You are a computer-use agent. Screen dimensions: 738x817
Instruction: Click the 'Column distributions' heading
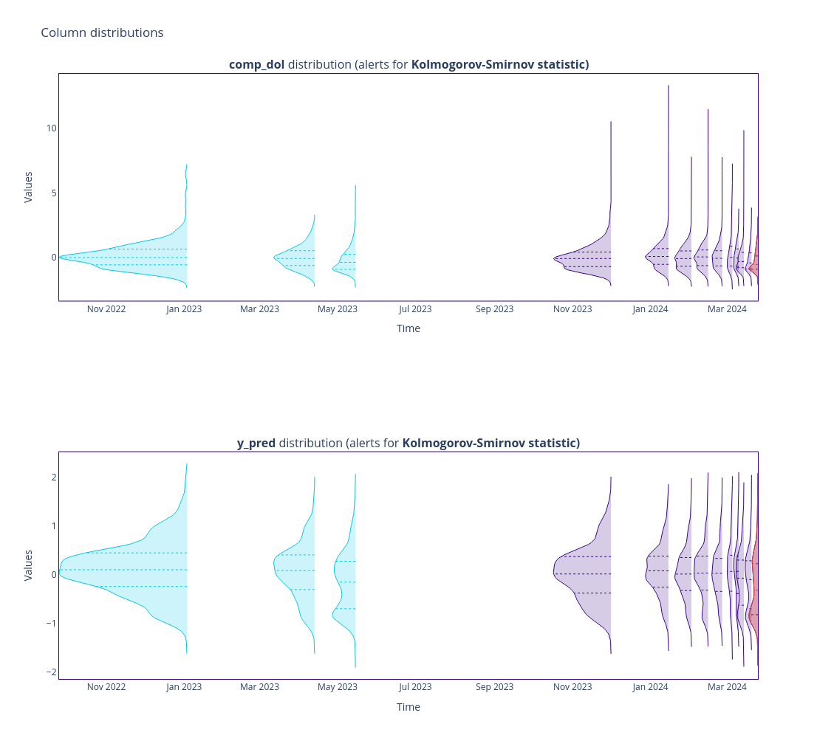tap(102, 32)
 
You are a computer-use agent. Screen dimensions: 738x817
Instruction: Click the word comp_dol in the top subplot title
tap(256, 64)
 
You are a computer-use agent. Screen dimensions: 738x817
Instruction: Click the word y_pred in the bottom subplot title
tap(256, 443)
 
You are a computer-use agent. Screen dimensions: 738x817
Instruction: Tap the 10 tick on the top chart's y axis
tap(51, 128)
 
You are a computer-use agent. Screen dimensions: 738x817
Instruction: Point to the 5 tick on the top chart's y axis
tap(53, 193)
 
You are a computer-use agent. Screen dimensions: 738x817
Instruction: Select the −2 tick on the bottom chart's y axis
tap(51, 672)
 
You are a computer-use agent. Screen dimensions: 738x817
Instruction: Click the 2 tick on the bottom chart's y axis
tap(53, 477)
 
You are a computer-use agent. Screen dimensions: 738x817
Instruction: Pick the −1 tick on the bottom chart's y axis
tap(51, 623)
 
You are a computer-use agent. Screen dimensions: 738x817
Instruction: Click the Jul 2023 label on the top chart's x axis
tap(415, 309)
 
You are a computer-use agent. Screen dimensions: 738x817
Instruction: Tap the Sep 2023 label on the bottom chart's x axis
tap(494, 687)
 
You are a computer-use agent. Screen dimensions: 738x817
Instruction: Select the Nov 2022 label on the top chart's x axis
tap(106, 309)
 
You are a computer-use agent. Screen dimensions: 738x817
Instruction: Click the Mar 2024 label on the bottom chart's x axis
tap(727, 687)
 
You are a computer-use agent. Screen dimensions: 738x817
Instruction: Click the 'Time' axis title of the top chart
tap(408, 328)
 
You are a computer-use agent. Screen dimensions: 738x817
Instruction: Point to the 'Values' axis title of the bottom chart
tap(28, 565)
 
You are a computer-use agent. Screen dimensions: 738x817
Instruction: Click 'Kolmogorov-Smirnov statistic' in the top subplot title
tap(499, 64)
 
